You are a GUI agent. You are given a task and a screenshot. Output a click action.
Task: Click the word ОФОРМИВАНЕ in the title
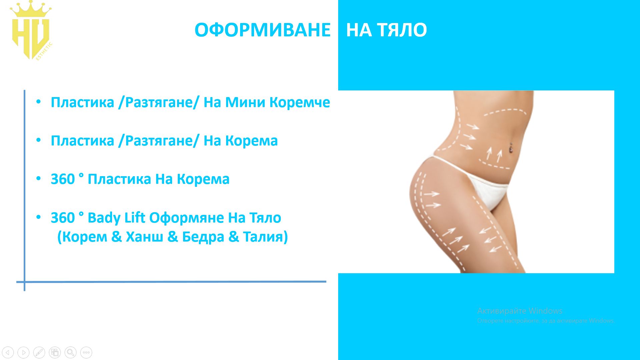[x=262, y=30]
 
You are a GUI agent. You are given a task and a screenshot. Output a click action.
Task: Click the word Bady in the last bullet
[x=104, y=218]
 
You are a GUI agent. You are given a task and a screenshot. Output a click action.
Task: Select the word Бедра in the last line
[x=203, y=237]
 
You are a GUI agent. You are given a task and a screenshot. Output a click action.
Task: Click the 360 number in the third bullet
[x=63, y=179]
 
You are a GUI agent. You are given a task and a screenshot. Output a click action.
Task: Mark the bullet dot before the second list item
[x=39, y=140]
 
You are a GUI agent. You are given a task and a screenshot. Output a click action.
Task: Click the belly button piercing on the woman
[x=511, y=147]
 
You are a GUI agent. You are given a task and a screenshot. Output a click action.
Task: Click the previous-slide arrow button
[x=8, y=352]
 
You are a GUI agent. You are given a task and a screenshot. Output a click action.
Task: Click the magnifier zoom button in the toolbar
[x=70, y=352]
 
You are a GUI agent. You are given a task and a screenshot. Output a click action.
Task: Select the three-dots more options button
[x=86, y=352]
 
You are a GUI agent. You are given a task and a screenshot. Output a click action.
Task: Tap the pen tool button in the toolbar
[x=39, y=352]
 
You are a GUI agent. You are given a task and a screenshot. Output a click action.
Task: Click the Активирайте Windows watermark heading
[x=520, y=311]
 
